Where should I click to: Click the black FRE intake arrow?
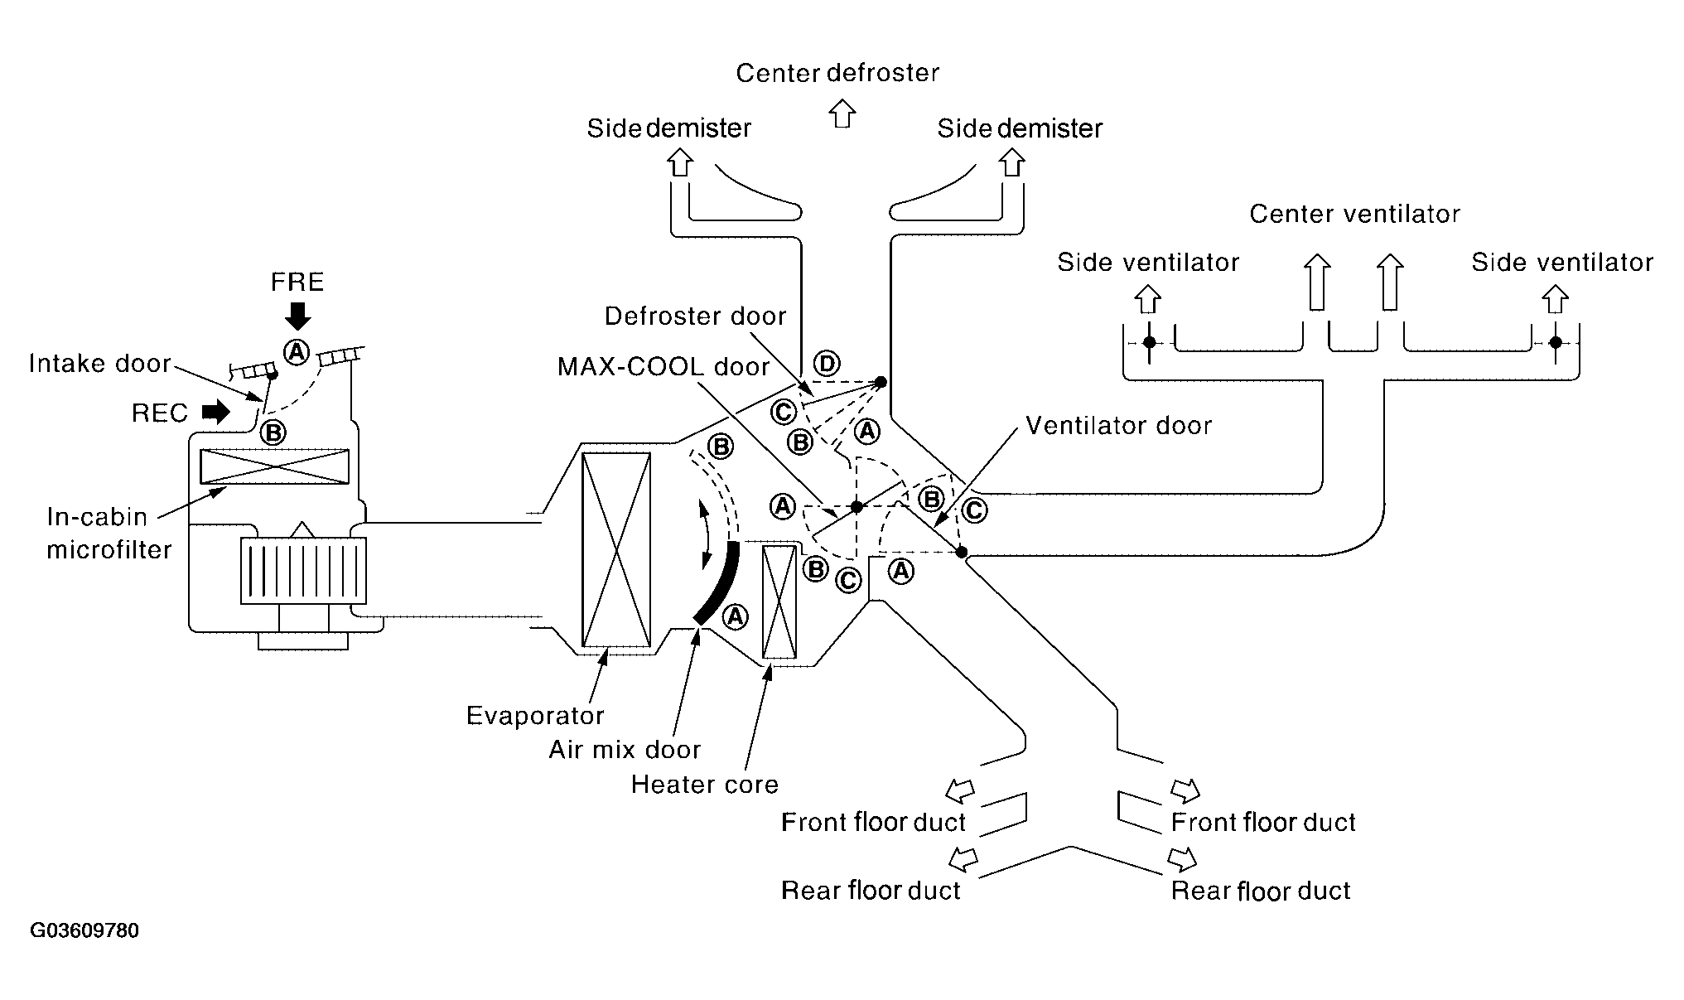pos(297,316)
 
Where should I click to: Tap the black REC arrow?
pos(216,411)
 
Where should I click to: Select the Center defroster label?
pos(837,73)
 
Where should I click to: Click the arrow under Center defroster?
pos(842,114)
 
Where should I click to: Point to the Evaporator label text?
pos(535,715)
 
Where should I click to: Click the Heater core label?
pos(705,784)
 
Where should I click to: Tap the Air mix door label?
pos(625,750)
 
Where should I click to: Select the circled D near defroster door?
pos(826,363)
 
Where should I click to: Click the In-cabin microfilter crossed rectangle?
pos(274,466)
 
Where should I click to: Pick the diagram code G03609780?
pos(84,930)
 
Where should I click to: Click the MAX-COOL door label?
pos(663,367)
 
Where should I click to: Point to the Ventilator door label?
pos(1118,426)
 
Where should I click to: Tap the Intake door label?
pos(99,364)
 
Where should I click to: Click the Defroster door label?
pos(695,316)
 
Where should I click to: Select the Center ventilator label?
pos(1354,214)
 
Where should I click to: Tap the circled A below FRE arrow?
pos(296,352)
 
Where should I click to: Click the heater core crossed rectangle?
pos(779,601)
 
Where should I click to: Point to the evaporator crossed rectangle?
pos(615,549)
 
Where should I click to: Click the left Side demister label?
pos(668,128)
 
